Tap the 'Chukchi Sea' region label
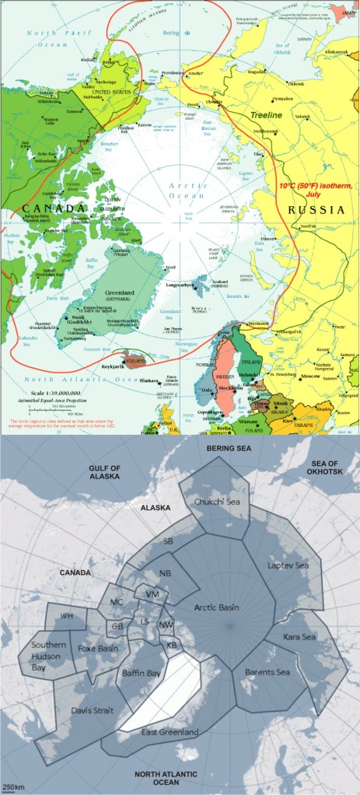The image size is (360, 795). point(217,502)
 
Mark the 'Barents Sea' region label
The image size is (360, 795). point(267,672)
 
